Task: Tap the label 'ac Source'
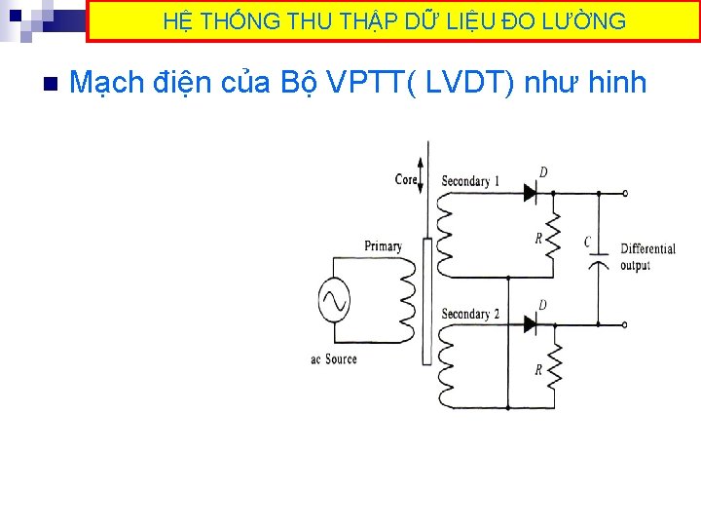point(334,359)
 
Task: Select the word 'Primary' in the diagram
point(383,246)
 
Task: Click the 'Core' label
point(406,179)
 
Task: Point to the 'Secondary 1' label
point(470,181)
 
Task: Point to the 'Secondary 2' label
point(470,314)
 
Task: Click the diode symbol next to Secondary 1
point(531,193)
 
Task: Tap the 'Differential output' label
point(647,257)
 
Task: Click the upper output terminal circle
point(625,193)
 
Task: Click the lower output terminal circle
point(625,324)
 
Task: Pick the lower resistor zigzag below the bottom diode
point(553,369)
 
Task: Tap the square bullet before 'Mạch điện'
point(51,83)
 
